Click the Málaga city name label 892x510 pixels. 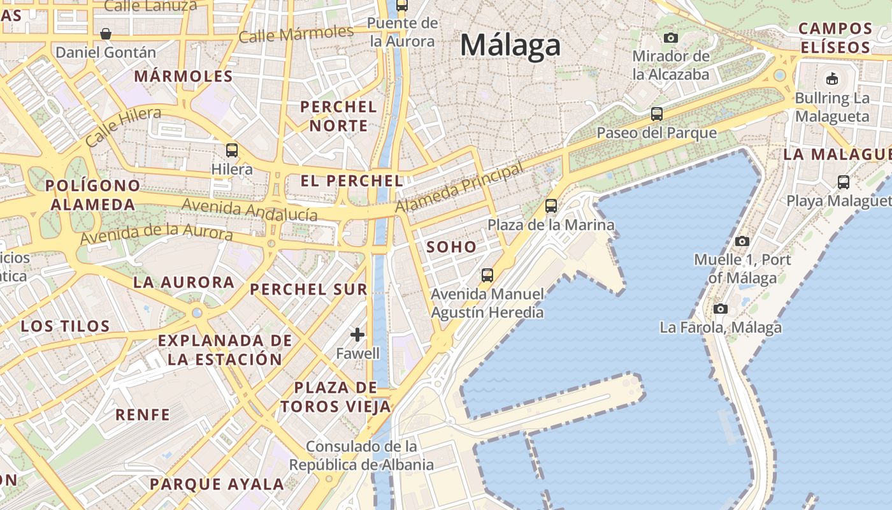pyautogui.click(x=510, y=45)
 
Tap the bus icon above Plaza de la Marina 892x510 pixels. pyautogui.click(x=551, y=206)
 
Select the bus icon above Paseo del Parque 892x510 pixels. pyautogui.click(x=657, y=114)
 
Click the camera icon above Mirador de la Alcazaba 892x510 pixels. pyautogui.click(x=670, y=38)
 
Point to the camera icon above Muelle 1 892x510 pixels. pyautogui.click(x=742, y=241)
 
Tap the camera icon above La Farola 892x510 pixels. pyautogui.click(x=721, y=309)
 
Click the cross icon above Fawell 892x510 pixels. pyautogui.click(x=358, y=334)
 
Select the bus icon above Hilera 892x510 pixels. pyautogui.click(x=232, y=150)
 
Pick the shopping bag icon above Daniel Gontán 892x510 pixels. pyautogui.click(x=106, y=33)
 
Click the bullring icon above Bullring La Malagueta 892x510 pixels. pyautogui.click(x=831, y=79)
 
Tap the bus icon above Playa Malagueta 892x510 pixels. pyautogui.click(x=844, y=182)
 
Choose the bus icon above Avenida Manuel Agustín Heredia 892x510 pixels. pyautogui.click(x=487, y=275)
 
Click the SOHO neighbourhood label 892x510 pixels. pyautogui.click(x=451, y=247)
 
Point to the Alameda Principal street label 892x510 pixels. pyautogui.click(x=459, y=187)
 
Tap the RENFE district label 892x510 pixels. pyautogui.click(x=143, y=414)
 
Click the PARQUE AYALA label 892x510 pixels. pyautogui.click(x=217, y=484)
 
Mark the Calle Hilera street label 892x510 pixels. pyautogui.click(x=122, y=127)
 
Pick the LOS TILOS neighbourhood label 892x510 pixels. pyautogui.click(x=66, y=326)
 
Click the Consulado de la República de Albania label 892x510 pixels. pyautogui.click(x=361, y=455)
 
